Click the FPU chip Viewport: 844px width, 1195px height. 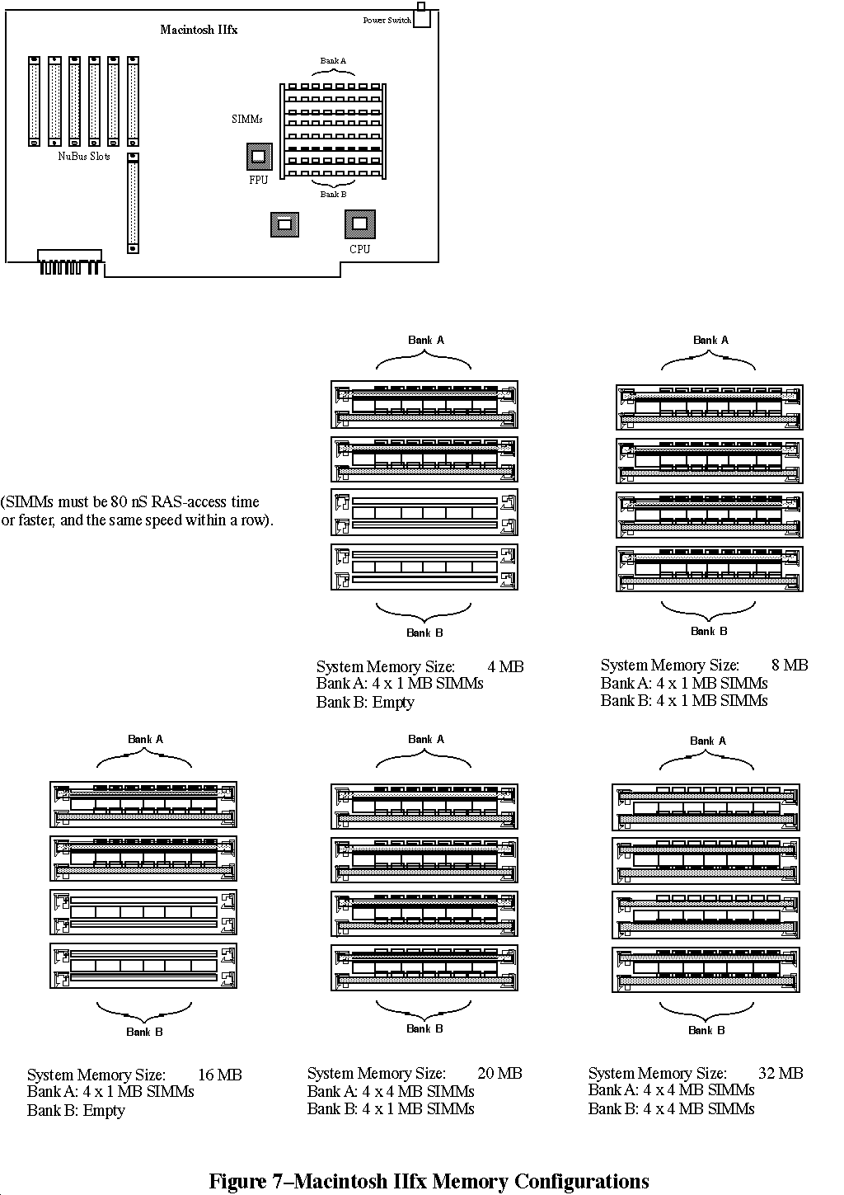pos(259,157)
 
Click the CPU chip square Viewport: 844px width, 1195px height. pos(360,224)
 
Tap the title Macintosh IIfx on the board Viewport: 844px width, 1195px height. pos(199,30)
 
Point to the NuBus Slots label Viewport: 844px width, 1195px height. pos(84,157)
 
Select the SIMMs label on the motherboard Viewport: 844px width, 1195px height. pos(247,119)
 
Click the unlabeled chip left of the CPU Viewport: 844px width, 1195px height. pos(284,224)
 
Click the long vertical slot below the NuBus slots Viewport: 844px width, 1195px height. pos(133,203)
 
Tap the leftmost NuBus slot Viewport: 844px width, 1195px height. pos(34,101)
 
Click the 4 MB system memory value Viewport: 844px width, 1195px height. pos(505,666)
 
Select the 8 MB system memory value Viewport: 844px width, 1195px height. pos(790,665)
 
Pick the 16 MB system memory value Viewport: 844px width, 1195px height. pos(220,1075)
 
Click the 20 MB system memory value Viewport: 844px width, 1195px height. pos(499,1073)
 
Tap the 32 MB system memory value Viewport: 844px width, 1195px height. pos(781,1073)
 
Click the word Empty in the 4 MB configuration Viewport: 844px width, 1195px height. pos(393,703)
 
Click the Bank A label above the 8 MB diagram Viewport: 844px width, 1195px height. pos(710,340)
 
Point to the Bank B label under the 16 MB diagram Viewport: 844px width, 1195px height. pos(144,1032)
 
